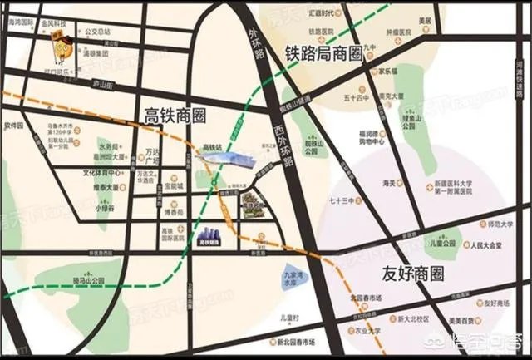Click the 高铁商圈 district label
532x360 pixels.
click(x=175, y=114)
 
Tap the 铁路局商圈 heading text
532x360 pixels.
click(x=324, y=54)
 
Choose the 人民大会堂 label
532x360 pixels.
click(x=485, y=246)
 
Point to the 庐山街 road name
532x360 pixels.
click(x=101, y=84)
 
